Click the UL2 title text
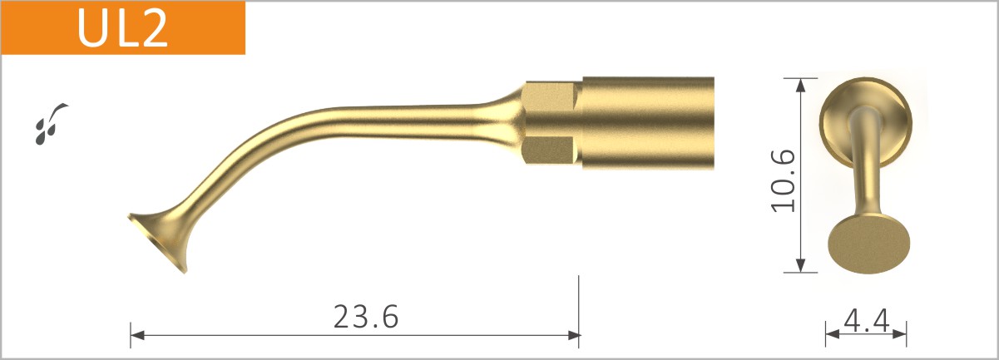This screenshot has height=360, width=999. [x=123, y=27]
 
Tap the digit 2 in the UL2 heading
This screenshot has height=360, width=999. [x=155, y=27]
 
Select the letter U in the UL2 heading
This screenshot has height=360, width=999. [x=92, y=27]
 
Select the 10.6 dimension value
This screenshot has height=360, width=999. [x=784, y=180]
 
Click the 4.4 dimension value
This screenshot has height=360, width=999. [x=866, y=319]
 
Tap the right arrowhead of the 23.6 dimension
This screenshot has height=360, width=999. [x=573, y=335]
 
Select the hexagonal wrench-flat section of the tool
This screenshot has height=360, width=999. [x=549, y=122]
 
